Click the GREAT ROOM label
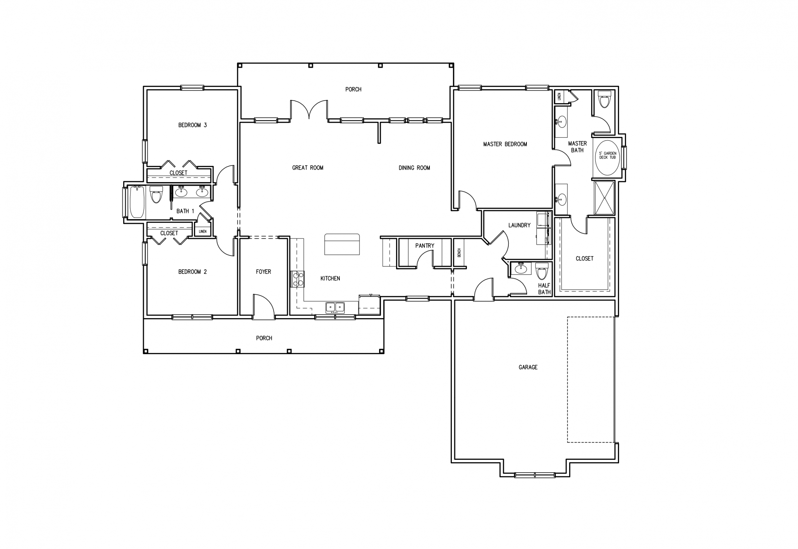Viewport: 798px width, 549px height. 307,168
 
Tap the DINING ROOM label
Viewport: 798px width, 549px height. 414,168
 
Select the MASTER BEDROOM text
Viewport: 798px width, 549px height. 505,144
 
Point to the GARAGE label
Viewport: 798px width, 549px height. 528,367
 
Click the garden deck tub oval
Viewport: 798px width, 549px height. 608,157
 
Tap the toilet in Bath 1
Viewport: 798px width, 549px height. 156,194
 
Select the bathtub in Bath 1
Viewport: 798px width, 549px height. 137,202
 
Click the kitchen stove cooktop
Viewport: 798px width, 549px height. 297,279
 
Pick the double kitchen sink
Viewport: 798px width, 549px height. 335,307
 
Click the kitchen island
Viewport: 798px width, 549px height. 342,244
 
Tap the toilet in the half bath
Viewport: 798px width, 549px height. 542,271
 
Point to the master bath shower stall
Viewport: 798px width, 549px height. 604,198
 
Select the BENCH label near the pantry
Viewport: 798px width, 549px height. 459,253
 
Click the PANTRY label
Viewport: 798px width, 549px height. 425,246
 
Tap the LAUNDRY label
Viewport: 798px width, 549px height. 519,225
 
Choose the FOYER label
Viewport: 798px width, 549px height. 263,272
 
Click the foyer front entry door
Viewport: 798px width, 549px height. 263,307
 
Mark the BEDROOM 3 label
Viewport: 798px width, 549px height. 192,125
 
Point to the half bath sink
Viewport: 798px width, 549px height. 521,268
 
